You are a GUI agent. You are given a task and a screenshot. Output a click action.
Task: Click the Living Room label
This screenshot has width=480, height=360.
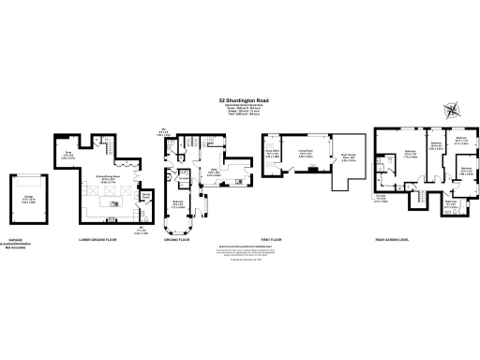pos(305,157)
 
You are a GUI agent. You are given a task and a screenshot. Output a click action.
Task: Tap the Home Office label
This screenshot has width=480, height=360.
pos(273,154)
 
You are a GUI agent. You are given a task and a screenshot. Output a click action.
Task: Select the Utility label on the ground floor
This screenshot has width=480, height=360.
pos(215,173)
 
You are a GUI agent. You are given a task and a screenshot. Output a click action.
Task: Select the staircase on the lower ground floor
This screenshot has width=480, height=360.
pos(104,147)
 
